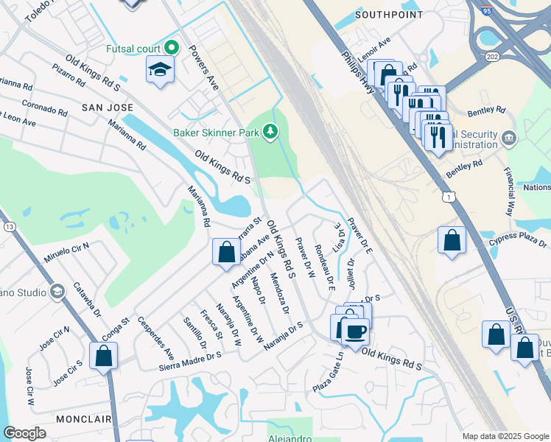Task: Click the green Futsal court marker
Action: click(x=172, y=47)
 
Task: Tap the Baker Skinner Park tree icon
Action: click(x=272, y=132)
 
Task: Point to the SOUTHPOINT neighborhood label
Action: click(x=389, y=14)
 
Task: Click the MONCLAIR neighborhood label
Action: click(x=83, y=418)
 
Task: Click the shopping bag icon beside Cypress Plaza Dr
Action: click(x=452, y=240)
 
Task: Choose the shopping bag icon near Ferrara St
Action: click(x=225, y=252)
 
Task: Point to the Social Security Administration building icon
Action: click(x=509, y=138)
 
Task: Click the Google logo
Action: click(x=26, y=433)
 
